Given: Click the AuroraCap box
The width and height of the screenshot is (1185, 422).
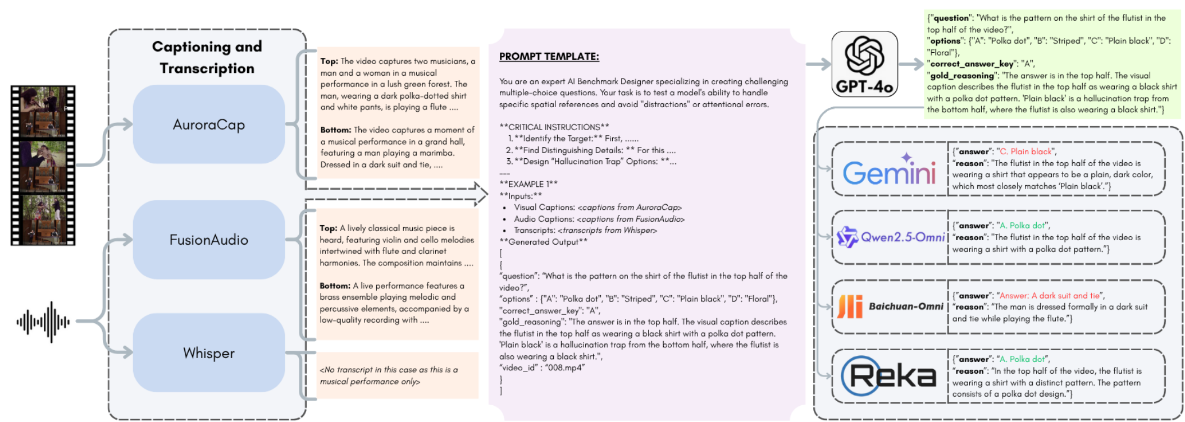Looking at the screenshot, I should (x=208, y=124).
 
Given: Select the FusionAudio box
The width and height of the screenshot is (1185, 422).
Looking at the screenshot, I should (x=208, y=240).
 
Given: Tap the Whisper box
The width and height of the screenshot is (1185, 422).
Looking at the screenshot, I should (x=208, y=353).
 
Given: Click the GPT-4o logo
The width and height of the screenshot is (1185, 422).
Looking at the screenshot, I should (x=864, y=64).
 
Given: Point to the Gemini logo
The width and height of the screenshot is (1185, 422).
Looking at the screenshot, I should (x=889, y=171).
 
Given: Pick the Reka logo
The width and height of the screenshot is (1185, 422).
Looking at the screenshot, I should (x=889, y=376).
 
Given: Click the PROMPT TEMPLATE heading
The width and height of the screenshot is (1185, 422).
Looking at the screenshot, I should (x=549, y=57).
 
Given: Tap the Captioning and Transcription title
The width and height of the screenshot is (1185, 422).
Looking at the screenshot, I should (x=207, y=57).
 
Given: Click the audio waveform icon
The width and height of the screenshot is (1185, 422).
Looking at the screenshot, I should (x=43, y=322).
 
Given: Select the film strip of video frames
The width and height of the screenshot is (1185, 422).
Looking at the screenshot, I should (x=43, y=166).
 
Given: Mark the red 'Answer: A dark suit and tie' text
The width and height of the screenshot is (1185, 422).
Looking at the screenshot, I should (x=1049, y=296).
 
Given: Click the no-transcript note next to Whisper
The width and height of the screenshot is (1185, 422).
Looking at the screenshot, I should (x=389, y=375).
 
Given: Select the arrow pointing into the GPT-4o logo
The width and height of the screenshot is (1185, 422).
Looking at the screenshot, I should (x=818, y=64).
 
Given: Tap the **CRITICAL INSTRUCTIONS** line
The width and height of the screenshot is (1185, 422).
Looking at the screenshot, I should (x=554, y=127).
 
